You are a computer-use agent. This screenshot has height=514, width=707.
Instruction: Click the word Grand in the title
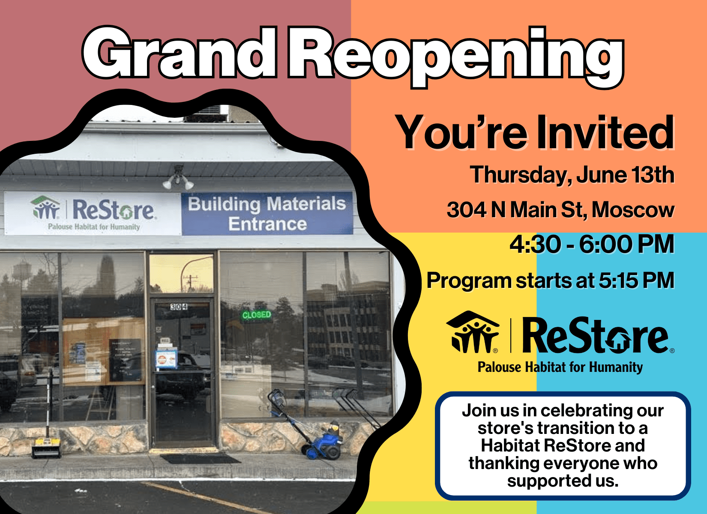click(179, 52)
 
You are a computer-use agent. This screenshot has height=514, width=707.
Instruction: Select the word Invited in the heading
click(606, 132)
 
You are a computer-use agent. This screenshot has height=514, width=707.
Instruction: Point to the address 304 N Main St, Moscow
click(560, 210)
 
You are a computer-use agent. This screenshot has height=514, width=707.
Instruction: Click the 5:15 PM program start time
click(636, 280)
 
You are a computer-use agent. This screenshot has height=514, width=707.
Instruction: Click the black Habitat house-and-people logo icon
click(473, 332)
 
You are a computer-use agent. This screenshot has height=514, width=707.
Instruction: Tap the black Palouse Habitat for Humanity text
click(560, 367)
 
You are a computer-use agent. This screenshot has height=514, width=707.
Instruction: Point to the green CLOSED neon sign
click(257, 315)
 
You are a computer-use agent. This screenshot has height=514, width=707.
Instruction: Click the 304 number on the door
click(179, 307)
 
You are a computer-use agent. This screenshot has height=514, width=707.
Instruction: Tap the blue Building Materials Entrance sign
click(267, 213)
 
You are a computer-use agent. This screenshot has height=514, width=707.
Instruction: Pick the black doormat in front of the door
click(200, 458)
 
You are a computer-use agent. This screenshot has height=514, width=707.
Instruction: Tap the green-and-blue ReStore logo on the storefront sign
click(93, 212)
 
